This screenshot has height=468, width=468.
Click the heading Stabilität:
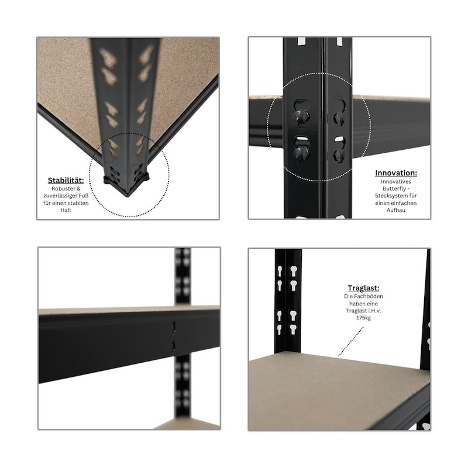(66, 181)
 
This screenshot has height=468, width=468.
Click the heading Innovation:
(396, 173)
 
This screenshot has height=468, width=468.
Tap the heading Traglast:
(363, 288)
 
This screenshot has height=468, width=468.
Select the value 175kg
(363, 318)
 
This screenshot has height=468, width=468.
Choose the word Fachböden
(368, 297)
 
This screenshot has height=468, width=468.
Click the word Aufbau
(396, 210)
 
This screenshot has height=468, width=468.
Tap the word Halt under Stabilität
(66, 210)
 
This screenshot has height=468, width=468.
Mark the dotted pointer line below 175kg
(351, 342)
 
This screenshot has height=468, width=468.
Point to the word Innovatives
(396, 181)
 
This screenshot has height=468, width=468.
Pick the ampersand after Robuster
(78, 188)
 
